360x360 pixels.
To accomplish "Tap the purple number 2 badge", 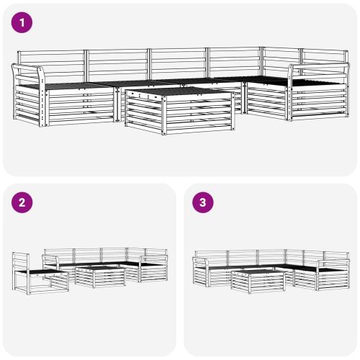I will [22, 202].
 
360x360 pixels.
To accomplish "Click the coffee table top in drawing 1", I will [180, 94].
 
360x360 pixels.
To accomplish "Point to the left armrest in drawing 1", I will [29, 71].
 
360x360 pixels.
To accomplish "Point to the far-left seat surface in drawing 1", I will [65, 86].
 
